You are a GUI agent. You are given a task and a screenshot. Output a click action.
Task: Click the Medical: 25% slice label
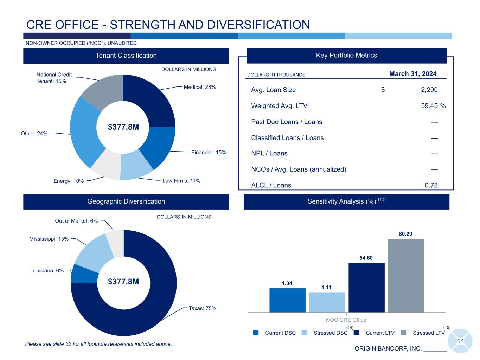pyautogui.click(x=199, y=87)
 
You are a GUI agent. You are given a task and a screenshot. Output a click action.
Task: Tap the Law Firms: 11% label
pyautogui.click(x=181, y=181)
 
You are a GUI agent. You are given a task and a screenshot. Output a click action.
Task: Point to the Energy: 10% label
pyautogui.click(x=69, y=181)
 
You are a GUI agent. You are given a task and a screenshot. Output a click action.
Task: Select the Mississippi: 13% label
pyautogui.click(x=49, y=239)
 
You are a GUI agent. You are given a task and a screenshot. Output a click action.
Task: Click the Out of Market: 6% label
pyautogui.click(x=76, y=221)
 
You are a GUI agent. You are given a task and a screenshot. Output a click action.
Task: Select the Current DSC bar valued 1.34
pyautogui.click(x=287, y=300)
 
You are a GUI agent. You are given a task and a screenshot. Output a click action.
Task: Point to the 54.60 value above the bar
pyautogui.click(x=366, y=258)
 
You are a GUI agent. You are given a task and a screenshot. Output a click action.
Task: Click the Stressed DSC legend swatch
pyautogui.click(x=305, y=333)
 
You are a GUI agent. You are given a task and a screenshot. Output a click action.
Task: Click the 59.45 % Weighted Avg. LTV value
pyautogui.click(x=433, y=106)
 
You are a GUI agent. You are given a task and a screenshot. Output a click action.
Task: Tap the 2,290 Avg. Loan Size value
pyautogui.click(x=429, y=90)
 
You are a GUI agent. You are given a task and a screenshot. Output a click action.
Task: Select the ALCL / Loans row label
pyautogui.click(x=271, y=185)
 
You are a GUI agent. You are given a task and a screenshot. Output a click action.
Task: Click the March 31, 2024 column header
pyautogui.click(x=413, y=74)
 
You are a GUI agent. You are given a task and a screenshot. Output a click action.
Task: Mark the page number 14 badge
pyautogui.click(x=460, y=341)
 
